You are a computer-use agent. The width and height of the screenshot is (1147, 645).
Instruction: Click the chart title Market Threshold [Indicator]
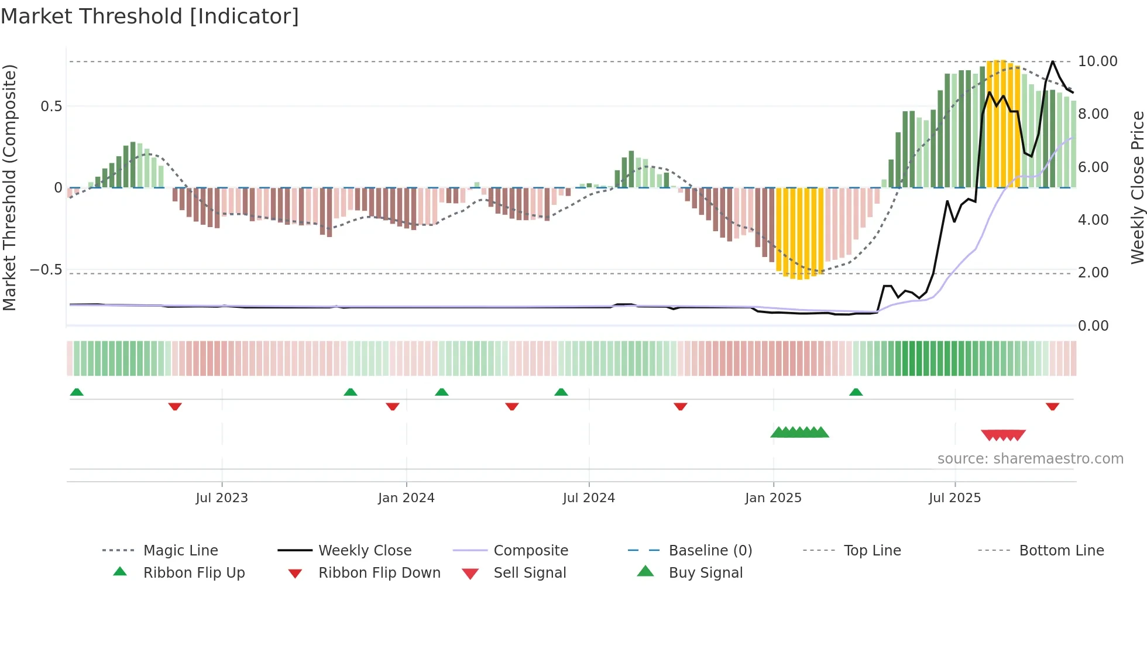tap(150, 16)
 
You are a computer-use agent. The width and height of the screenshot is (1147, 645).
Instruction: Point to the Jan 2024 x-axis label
tap(406, 498)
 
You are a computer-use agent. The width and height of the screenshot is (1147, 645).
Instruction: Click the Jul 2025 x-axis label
tap(954, 498)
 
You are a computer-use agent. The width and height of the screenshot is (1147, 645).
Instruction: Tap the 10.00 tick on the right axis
tap(1097, 61)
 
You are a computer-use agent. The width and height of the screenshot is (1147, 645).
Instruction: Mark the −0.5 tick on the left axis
tap(46, 270)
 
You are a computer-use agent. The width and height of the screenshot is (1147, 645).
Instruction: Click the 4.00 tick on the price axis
tap(1093, 220)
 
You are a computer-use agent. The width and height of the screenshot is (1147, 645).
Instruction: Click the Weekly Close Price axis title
tap(1137, 187)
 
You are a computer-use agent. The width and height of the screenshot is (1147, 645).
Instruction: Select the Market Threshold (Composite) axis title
tap(9, 187)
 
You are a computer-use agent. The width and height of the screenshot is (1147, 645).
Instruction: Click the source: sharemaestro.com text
tap(1030, 459)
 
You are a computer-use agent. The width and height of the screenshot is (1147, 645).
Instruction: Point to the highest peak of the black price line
tap(1052, 61)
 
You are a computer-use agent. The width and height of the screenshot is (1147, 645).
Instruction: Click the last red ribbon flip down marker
tap(1052, 406)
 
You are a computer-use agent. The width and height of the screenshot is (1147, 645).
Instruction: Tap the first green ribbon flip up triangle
tap(77, 392)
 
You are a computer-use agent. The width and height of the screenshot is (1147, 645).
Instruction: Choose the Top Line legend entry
tap(872, 551)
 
